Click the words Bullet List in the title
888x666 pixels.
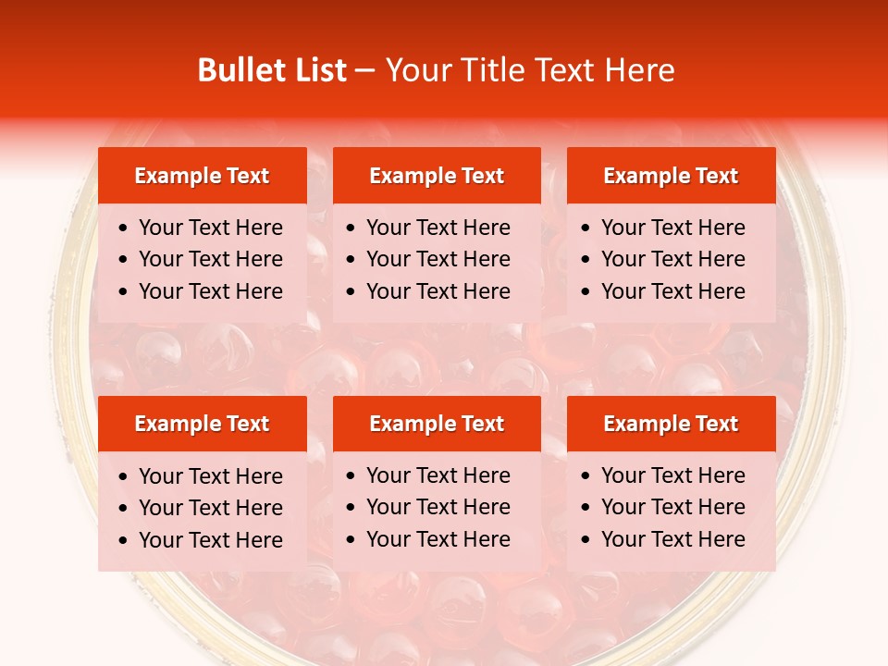tap(272, 70)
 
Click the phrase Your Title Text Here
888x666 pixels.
tap(530, 70)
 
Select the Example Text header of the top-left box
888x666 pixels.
tap(202, 176)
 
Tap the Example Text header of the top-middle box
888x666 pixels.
tap(437, 176)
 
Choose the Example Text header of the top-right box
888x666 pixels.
tap(671, 176)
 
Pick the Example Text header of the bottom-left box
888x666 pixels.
tap(202, 424)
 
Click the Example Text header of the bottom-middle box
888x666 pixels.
tap(437, 424)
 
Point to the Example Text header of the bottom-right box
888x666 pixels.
tap(671, 424)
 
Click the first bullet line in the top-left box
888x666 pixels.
tap(211, 228)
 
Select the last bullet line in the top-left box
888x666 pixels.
tap(211, 291)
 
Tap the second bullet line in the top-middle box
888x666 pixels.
tap(438, 259)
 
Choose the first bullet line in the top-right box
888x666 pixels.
tap(673, 228)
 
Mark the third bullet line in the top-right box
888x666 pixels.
tap(673, 291)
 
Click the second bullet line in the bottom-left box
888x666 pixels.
tap(211, 508)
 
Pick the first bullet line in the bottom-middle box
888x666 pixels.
tap(438, 475)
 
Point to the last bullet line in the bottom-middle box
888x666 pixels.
tap(438, 539)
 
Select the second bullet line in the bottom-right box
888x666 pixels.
tap(673, 507)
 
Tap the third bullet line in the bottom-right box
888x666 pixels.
tap(673, 539)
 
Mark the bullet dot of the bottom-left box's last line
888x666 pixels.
tap(124, 540)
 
